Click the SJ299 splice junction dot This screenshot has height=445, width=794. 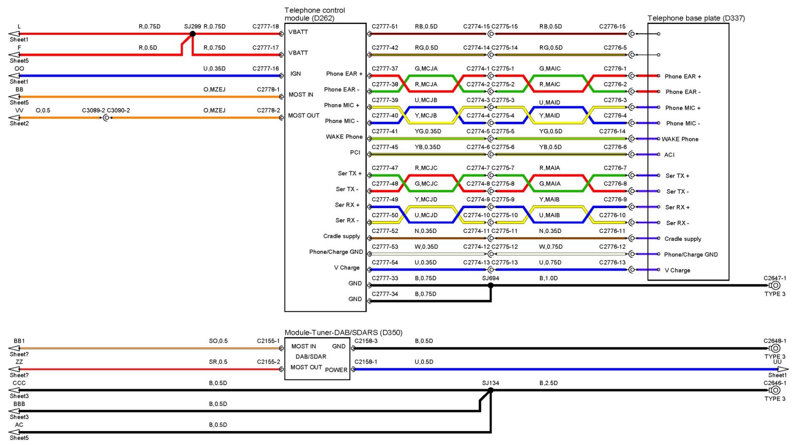pos(193,34)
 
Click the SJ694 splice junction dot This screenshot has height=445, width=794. pos(491,286)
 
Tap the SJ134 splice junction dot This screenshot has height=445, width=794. pos(491,390)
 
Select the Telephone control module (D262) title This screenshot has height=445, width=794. pos(315,14)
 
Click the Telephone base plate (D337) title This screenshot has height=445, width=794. pos(696,18)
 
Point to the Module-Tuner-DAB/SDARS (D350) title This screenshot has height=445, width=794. pos(343,333)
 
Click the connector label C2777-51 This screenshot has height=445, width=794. pos(385,27)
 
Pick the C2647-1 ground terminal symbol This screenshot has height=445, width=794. pos(775,286)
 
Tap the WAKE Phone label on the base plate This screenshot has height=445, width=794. pos(680,139)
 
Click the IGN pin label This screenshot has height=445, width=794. pos(296,74)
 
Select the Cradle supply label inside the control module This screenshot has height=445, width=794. pos(341,236)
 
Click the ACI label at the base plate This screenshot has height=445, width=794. pos(669,155)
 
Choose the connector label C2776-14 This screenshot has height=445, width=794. pos(612,132)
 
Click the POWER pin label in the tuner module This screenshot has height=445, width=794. pos(336,370)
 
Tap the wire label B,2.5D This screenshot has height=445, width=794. pos(548,383)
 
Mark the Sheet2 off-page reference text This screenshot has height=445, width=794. pos(19,124)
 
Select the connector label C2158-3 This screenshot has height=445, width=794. pos(366,341)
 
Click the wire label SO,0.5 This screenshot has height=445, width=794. pos(218,341)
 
